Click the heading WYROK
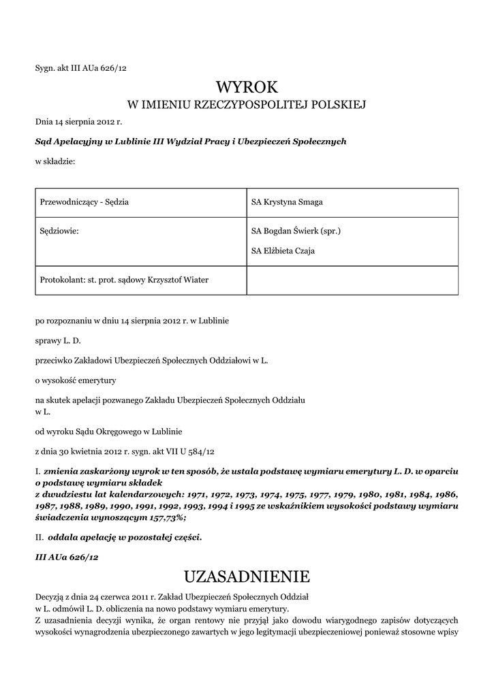click(247, 87)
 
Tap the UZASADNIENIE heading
click(247, 577)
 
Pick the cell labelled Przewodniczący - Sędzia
click(85, 203)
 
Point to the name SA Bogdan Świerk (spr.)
click(296, 231)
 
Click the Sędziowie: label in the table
click(60, 231)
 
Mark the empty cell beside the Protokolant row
click(352, 280)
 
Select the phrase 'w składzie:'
click(55, 161)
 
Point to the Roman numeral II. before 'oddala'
click(38, 537)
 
